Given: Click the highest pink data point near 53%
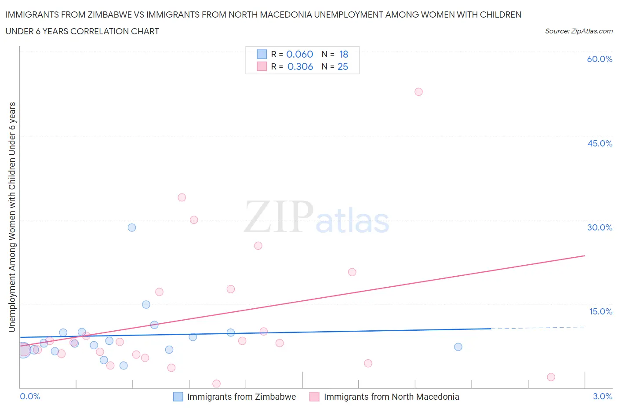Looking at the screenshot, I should (418, 92).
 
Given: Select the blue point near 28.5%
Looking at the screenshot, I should (132, 228).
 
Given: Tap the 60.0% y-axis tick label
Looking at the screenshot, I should (600, 59).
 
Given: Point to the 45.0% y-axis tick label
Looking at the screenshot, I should (600, 143).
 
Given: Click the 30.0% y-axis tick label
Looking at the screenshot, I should (600, 227).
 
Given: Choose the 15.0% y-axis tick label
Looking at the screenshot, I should (600, 311).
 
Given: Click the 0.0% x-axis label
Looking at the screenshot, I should (30, 396).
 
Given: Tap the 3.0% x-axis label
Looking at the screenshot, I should (602, 396).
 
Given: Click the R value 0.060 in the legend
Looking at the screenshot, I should (300, 54).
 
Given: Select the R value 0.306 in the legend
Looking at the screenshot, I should (300, 66).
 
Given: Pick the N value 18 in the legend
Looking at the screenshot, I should (343, 54).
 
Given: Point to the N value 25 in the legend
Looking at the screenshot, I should (342, 66).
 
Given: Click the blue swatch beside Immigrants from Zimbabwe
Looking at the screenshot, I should (178, 397).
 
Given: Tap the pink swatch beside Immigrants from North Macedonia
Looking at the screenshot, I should (314, 397).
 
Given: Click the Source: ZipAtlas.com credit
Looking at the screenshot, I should (578, 31).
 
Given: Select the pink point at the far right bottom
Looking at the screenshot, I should (551, 377).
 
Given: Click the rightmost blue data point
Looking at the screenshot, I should (458, 347).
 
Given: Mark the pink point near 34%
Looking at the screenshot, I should (182, 197).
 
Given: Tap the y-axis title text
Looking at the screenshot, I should (12, 217).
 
